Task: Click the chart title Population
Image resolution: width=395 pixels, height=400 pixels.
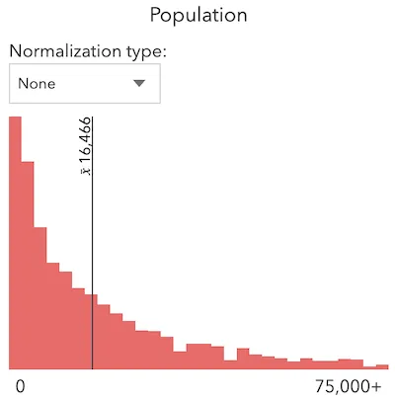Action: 197,16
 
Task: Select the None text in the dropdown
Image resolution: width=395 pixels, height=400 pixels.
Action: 37,84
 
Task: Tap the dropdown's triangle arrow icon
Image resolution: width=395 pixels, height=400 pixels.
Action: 139,84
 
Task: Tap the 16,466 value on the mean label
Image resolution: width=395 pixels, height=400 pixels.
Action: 86,137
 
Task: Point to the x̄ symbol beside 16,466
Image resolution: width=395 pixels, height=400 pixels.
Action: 86,169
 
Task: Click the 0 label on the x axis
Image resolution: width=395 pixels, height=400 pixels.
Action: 19,385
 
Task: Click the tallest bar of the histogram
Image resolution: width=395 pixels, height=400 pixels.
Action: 15,247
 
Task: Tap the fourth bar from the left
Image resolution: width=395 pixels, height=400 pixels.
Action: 51,316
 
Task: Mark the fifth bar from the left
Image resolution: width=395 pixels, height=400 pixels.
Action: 64,321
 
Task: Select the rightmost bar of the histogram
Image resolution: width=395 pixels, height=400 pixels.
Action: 381,365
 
